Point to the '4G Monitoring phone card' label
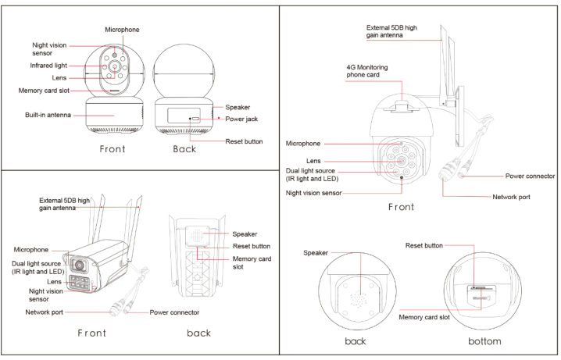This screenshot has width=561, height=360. coord(366,72)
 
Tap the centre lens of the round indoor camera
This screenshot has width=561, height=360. coord(115,68)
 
